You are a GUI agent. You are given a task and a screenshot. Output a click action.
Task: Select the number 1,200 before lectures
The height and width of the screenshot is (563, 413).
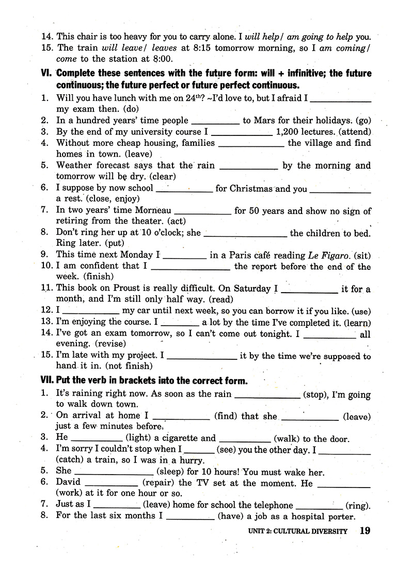coord(292,132)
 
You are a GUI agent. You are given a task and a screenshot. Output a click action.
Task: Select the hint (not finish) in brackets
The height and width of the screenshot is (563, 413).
coord(124,367)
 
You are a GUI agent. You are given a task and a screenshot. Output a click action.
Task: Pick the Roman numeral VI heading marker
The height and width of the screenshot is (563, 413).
coord(47,73)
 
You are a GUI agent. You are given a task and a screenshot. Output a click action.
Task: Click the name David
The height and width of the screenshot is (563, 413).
coord(69,483)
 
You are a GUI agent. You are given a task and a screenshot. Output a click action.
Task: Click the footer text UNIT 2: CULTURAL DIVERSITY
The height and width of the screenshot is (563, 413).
coord(297,531)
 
